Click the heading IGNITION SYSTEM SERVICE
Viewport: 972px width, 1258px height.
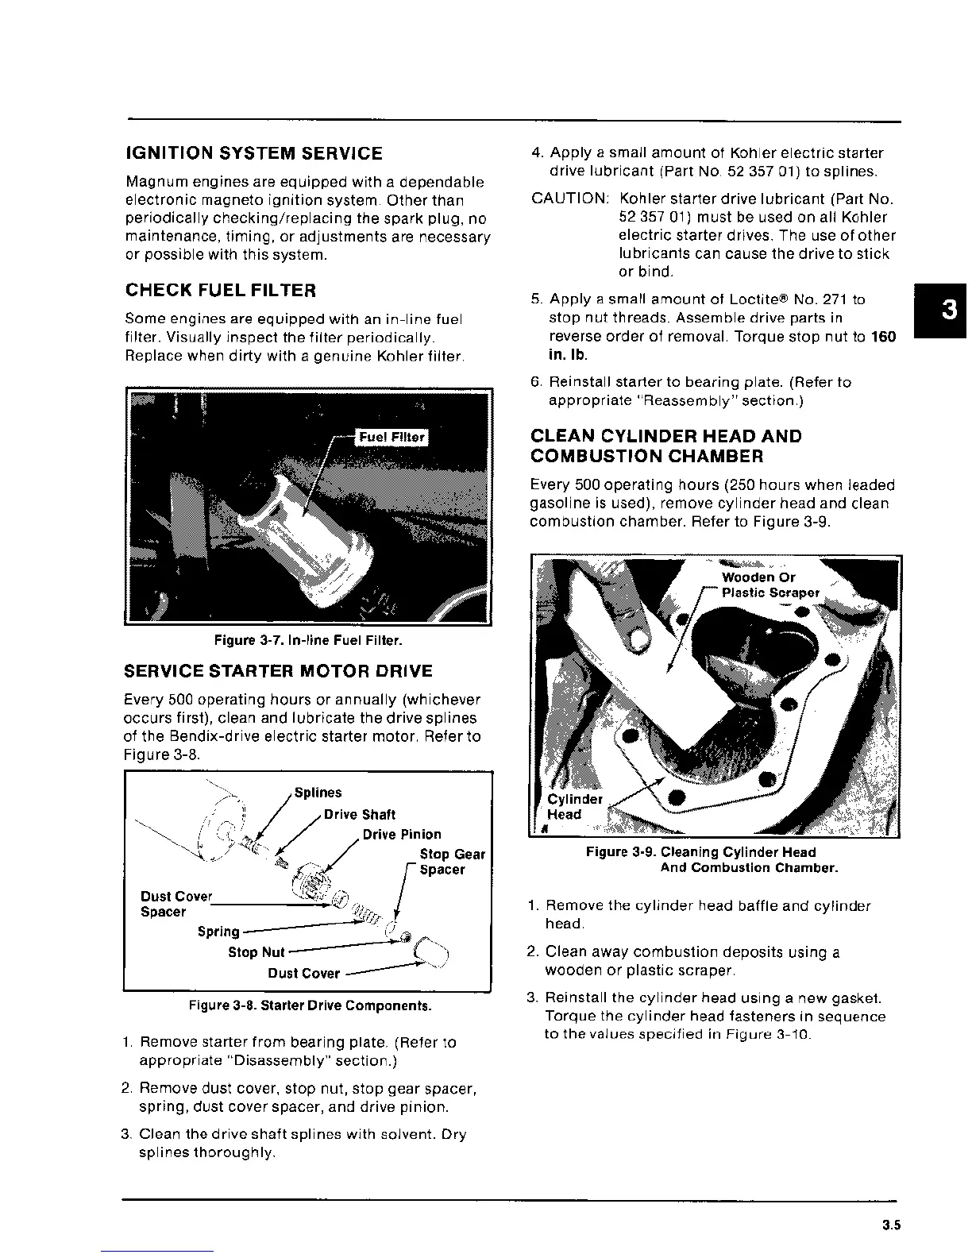[x=253, y=153]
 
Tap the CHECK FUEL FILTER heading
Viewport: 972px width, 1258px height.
[x=220, y=290]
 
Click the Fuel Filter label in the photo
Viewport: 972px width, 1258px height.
[x=392, y=437]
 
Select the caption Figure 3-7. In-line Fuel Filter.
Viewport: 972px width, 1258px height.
[x=308, y=640]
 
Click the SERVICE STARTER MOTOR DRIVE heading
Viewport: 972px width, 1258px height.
[x=278, y=671]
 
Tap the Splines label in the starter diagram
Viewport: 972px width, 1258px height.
[x=318, y=793]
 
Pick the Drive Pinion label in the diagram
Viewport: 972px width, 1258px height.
[x=402, y=834]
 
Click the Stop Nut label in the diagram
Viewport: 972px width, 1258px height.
[x=256, y=952]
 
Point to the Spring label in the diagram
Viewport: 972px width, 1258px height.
[x=218, y=932]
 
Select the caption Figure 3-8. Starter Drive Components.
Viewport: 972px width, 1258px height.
[x=310, y=1006]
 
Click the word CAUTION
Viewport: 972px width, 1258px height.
[x=569, y=199]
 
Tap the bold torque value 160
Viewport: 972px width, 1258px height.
[x=883, y=337]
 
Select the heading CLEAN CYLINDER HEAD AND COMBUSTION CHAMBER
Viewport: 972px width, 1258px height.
[x=665, y=446]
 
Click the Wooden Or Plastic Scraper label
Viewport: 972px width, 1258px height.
[x=769, y=585]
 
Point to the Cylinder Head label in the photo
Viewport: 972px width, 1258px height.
[x=574, y=807]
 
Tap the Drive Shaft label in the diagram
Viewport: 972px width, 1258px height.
[x=359, y=814]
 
